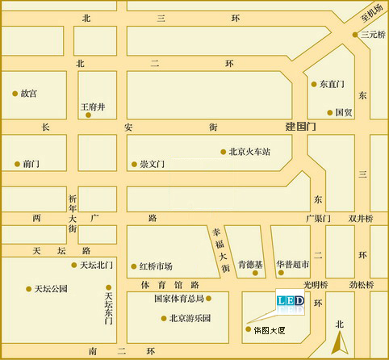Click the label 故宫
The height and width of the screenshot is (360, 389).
[29, 94]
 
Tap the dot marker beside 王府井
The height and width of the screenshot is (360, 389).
[88, 115]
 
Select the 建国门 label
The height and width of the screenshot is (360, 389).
[303, 128]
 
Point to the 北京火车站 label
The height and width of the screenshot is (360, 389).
[249, 151]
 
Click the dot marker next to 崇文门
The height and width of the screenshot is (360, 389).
[134, 165]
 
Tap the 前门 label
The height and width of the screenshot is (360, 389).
[31, 163]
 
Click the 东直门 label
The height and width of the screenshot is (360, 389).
[332, 84]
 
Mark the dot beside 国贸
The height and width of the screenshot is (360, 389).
[329, 112]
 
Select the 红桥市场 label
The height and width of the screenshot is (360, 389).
[156, 266]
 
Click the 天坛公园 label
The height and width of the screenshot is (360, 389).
[51, 288]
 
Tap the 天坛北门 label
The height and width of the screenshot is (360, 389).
[98, 265]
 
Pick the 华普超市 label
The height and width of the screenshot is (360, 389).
[292, 263]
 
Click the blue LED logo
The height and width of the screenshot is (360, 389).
[291, 302]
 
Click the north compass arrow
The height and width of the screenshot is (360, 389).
[341, 337]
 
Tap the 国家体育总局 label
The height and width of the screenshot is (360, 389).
[180, 298]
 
